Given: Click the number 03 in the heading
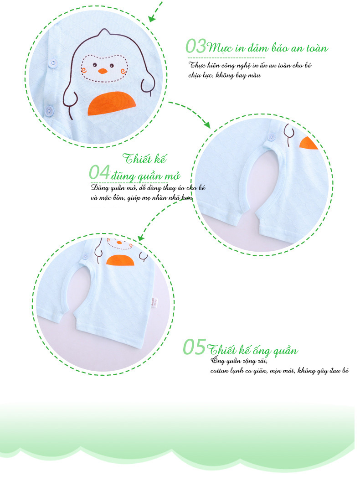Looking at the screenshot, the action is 195,46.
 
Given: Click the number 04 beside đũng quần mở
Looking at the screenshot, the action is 99,173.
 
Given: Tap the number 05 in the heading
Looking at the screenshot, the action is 194,347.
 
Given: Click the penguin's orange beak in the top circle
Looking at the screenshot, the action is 103,71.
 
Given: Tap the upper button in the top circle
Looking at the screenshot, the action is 52,63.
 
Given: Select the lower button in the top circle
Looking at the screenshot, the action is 48,110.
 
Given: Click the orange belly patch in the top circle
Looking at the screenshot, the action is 112,104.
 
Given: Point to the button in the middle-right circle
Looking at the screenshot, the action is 271,137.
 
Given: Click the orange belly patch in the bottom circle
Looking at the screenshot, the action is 120,260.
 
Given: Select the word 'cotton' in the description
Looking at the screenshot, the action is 219,371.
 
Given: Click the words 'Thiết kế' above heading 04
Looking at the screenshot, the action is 144,159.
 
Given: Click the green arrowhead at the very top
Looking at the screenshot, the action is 152,18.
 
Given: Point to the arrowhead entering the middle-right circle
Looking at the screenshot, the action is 207,124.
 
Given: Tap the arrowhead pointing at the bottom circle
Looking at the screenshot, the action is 141,238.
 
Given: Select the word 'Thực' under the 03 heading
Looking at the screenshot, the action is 197,65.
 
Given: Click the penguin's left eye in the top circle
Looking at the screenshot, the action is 94,65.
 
